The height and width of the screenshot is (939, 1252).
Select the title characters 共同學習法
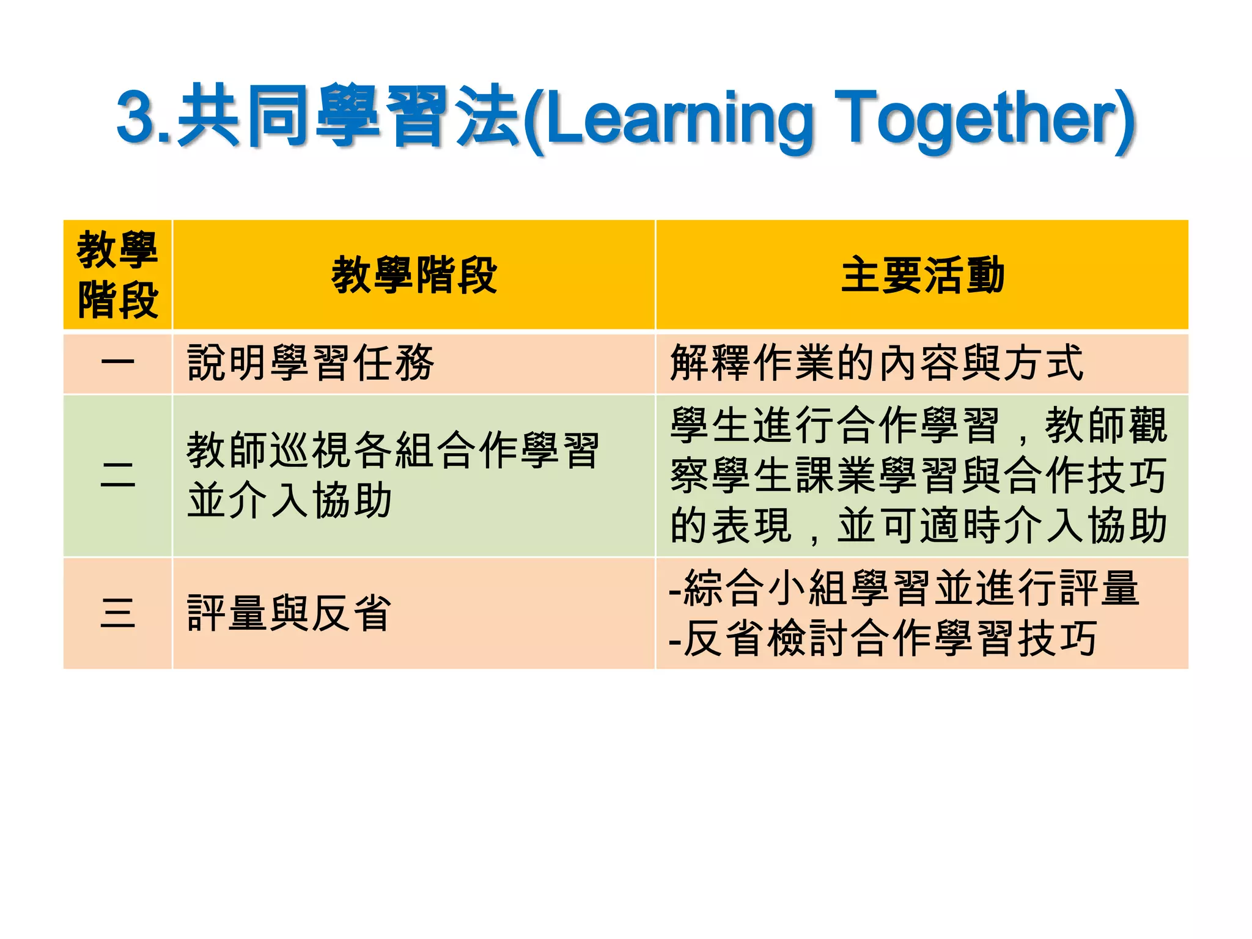[x=348, y=116]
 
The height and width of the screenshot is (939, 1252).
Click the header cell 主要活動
[x=922, y=275]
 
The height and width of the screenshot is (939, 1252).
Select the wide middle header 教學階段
[x=414, y=275]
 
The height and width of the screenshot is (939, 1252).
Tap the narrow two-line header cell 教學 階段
[x=117, y=275]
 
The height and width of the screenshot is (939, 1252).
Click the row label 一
[x=117, y=363]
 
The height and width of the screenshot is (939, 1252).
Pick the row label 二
[x=117, y=476]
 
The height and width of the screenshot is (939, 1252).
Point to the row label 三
[x=117, y=613]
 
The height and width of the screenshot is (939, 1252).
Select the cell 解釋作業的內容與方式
[x=877, y=363]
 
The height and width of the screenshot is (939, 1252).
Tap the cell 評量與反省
[x=289, y=613]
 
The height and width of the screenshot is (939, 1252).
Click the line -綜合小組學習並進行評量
[x=904, y=588]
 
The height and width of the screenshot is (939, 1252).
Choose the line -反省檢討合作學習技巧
[x=883, y=639]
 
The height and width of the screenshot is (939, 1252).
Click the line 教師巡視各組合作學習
[x=392, y=451]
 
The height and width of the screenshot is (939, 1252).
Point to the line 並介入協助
[x=289, y=501]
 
